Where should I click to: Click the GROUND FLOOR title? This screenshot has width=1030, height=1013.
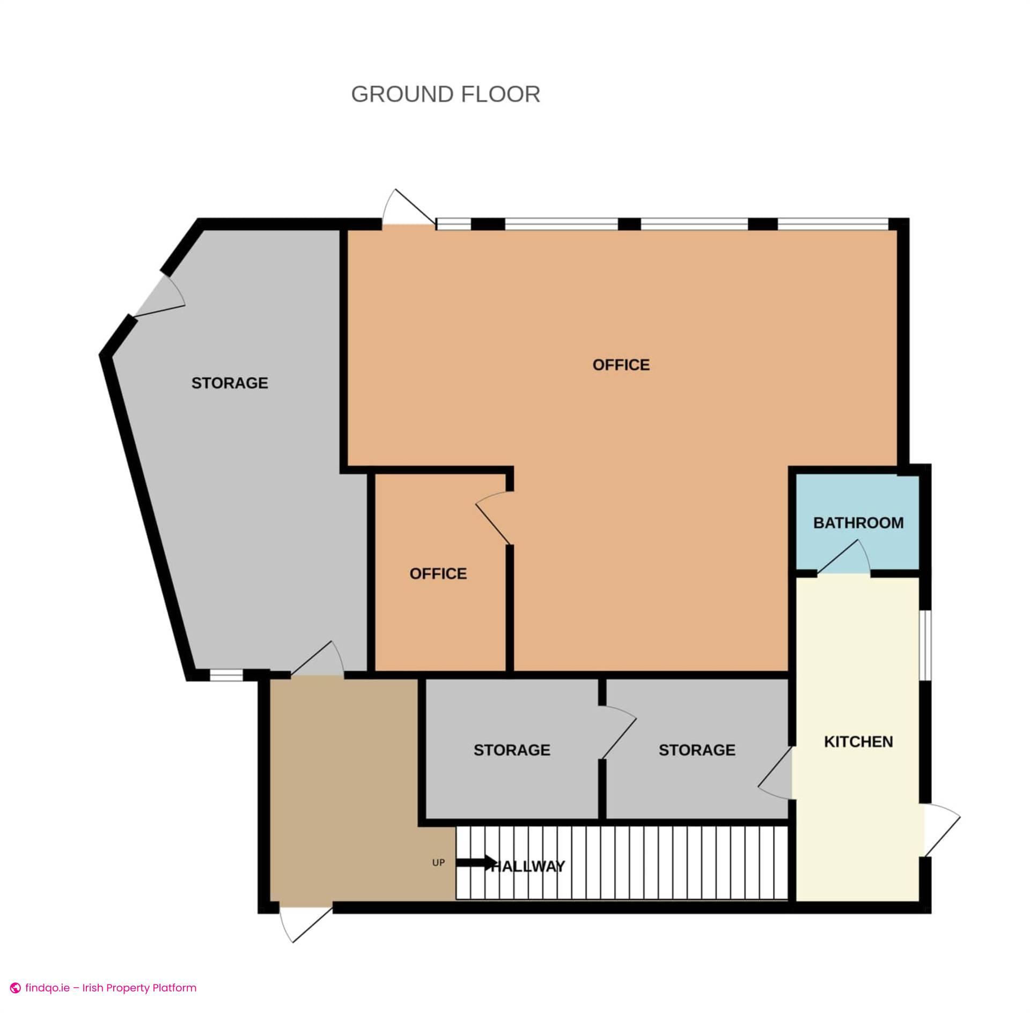coord(445,94)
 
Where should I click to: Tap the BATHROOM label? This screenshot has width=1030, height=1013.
coord(858,523)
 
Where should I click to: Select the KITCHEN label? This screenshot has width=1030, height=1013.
coord(858,742)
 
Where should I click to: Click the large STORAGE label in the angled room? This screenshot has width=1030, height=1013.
coord(230,383)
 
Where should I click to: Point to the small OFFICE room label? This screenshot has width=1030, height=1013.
coord(438,574)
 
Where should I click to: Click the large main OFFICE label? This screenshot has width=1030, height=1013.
coord(621,365)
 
